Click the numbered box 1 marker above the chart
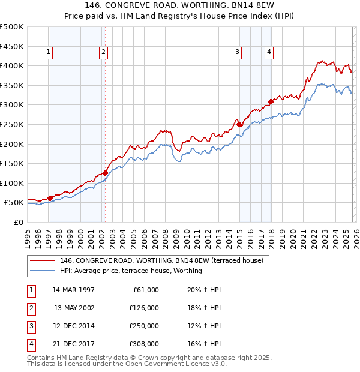pos(48,53)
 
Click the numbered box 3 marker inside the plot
pos(238,53)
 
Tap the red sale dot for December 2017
pos(271,101)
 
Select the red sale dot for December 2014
pos(239,124)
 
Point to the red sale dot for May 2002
pos(105,173)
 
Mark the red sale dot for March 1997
pos(50,198)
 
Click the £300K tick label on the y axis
pos(12,105)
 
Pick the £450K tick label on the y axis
pos(12,46)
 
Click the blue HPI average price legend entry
pos(131,271)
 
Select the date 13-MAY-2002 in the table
pos(74,307)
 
